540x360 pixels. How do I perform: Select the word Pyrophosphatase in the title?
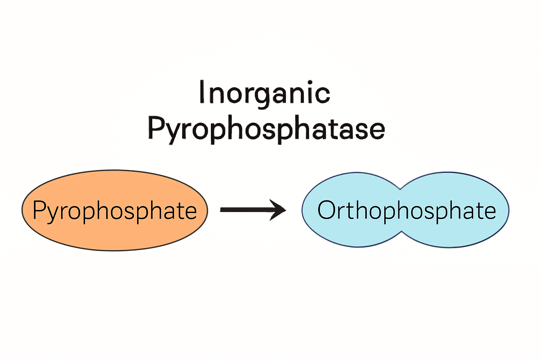tap(266, 130)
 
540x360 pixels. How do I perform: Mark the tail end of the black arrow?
tap(220, 210)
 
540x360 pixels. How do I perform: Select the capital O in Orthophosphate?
tap(327, 210)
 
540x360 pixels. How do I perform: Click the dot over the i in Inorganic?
tap(310, 83)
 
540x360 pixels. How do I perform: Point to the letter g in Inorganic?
tap(263, 98)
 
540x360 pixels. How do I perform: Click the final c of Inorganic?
tap(322, 95)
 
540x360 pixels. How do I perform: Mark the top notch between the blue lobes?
tap(400, 189)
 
